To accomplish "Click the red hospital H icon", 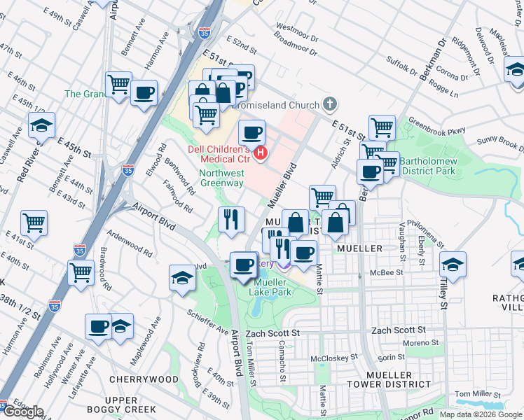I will click(261, 152).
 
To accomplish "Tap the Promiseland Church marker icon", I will click(331, 105).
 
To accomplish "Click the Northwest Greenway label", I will click(221, 178).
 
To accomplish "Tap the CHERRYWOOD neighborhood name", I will click(144, 379).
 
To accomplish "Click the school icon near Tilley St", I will click(453, 265).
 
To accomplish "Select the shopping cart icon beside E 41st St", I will click(34, 223).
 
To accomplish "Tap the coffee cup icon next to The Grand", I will click(144, 92).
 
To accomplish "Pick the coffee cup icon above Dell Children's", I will click(252, 131).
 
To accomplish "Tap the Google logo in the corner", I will click(23, 412).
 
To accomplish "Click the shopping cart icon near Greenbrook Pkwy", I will click(382, 127).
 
